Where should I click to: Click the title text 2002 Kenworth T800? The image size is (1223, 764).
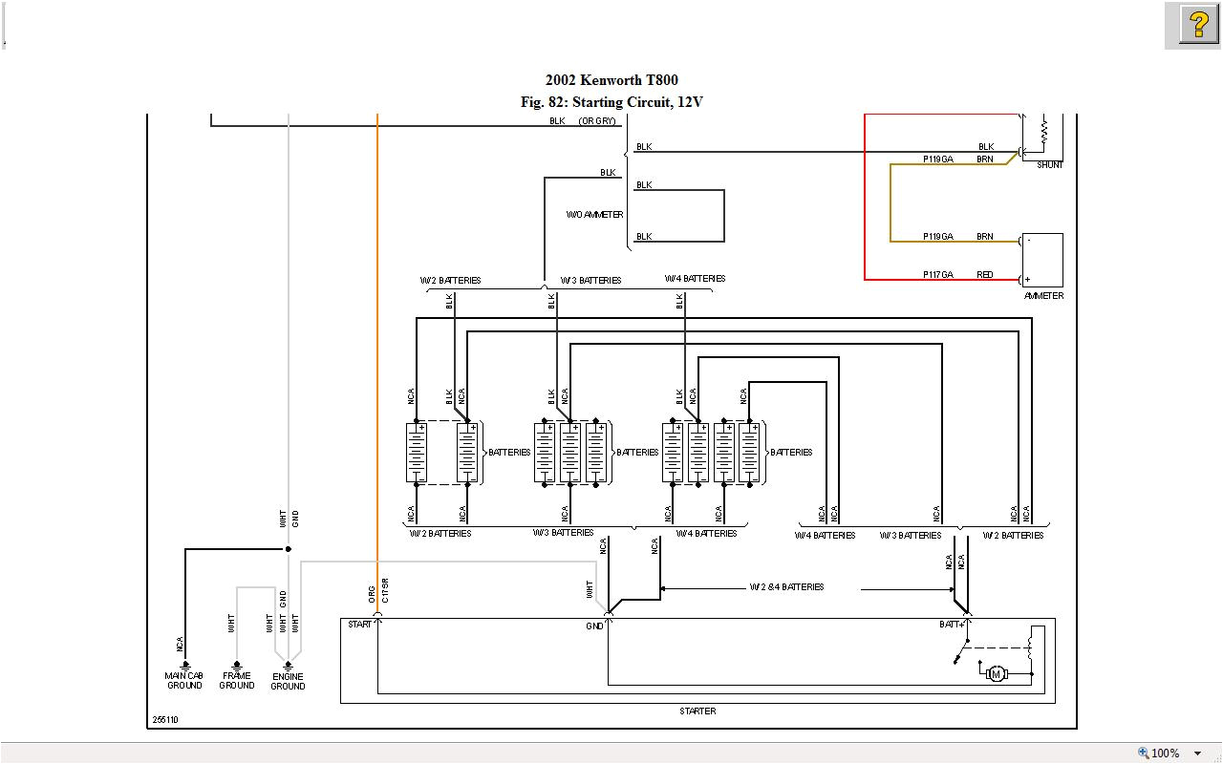(x=611, y=80)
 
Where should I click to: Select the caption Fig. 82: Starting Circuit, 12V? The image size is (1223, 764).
(x=611, y=102)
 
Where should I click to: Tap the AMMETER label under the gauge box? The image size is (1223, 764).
(x=1043, y=296)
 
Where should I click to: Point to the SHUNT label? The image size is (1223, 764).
(x=1049, y=165)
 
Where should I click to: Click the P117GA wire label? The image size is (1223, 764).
(x=937, y=275)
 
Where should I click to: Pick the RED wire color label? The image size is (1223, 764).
(x=984, y=275)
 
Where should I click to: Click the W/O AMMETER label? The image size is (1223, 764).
(x=594, y=215)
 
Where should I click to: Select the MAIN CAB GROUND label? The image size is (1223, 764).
(x=184, y=681)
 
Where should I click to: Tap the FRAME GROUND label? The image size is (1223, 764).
(x=236, y=681)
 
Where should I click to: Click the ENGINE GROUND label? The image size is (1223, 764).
(x=288, y=682)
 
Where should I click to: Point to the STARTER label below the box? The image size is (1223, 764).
(x=697, y=711)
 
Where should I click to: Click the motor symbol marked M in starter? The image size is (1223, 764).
(x=996, y=674)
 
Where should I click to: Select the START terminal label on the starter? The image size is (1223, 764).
(x=359, y=625)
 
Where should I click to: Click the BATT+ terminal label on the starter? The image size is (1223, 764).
(x=951, y=625)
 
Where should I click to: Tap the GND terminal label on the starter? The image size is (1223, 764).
(x=594, y=626)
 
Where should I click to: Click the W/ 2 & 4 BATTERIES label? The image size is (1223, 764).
(x=786, y=587)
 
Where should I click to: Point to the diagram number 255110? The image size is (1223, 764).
(x=164, y=720)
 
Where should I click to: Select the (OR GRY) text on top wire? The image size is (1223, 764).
(x=597, y=121)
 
